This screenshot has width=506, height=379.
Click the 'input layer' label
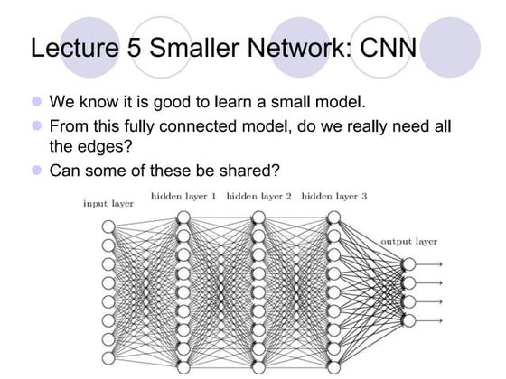[108, 204]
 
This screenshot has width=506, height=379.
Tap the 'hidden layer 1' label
[183, 195]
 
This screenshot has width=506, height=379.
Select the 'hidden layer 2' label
[258, 195]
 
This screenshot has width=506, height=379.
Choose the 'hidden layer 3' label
[333, 195]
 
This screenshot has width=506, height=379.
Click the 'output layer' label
[408, 242]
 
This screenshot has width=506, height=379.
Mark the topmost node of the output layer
[408, 263]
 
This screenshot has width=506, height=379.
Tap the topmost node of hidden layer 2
[258, 217]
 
